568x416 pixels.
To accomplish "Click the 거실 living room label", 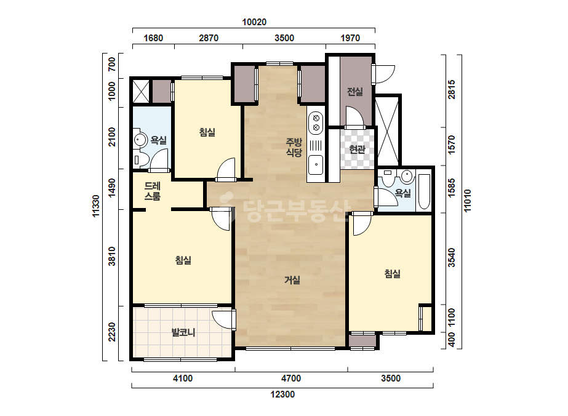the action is click(x=292, y=280).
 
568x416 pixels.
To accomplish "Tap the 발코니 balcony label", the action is click(x=183, y=332).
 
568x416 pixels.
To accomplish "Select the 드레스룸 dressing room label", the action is click(x=153, y=191).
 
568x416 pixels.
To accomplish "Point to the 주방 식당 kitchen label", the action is click(x=294, y=147).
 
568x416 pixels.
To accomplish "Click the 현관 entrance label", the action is click(x=357, y=149).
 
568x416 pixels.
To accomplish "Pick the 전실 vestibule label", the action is click(x=355, y=92).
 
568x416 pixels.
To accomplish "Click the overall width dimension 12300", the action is click(x=282, y=394).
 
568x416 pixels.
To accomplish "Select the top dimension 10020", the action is click(x=254, y=22).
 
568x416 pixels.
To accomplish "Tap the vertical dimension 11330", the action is click(x=95, y=206).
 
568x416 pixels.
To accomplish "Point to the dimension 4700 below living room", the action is click(x=291, y=378).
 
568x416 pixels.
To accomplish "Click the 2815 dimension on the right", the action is click(x=452, y=89).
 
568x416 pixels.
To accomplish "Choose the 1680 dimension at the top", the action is click(x=153, y=38).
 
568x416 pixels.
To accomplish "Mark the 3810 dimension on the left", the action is click(x=112, y=256).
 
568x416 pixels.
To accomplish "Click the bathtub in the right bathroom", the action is click(x=424, y=192).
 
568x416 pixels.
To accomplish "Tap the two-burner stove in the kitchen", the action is click(x=316, y=122).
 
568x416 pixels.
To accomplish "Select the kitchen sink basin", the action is click(x=316, y=164).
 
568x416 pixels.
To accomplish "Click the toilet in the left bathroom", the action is click(x=142, y=159).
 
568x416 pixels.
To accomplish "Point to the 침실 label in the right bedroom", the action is click(x=393, y=273).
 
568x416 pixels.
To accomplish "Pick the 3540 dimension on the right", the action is click(x=452, y=257).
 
